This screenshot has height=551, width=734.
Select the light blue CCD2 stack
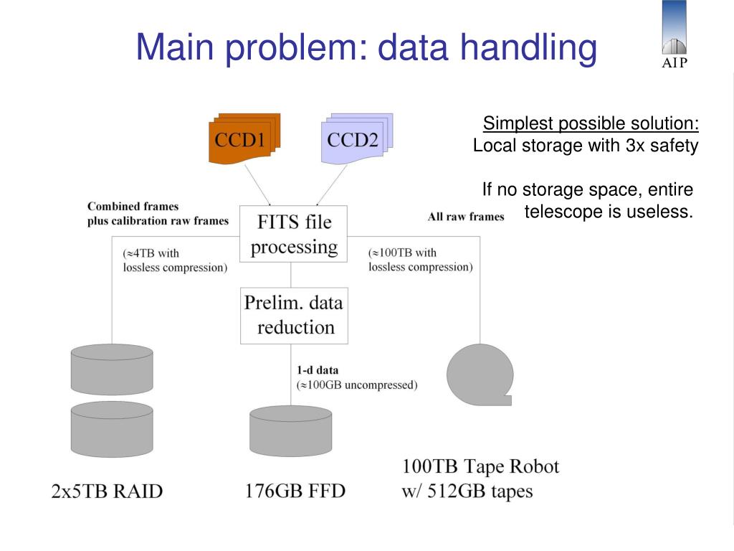pos(355,139)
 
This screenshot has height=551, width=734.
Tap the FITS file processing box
pos(293,234)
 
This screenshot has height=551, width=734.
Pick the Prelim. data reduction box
pos(293,315)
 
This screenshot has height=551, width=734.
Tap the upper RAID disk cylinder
pos(112,369)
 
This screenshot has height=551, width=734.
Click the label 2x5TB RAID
pos(107,491)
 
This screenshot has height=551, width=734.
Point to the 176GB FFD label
pos(295,491)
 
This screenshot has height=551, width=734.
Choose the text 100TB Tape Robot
pos(480,466)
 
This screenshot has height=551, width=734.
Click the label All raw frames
pos(466,217)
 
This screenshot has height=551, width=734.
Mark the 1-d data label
pos(317,371)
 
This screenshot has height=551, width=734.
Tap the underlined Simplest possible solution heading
pos(591,124)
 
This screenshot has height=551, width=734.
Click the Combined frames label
pos(133,207)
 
